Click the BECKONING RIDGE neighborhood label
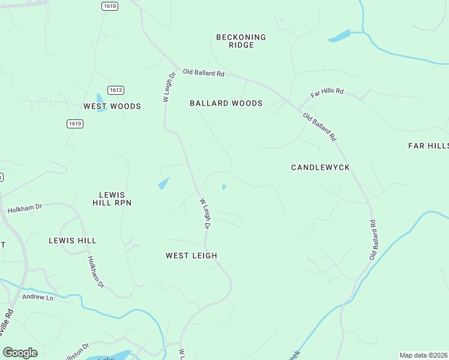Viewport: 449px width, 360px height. tap(241, 41)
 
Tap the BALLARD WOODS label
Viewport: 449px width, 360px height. tap(226, 103)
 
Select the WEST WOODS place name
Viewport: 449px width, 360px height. tap(112, 106)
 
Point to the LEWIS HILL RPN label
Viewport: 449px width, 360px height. tap(112, 199)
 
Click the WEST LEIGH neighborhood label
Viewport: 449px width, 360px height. tap(191, 256)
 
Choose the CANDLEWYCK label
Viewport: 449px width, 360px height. tap(321, 167)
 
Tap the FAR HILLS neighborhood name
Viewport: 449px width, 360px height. tap(428, 146)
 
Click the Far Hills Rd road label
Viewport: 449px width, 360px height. tap(327, 93)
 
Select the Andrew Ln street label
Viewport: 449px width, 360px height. tap(38, 297)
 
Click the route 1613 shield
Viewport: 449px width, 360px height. tap(116, 90)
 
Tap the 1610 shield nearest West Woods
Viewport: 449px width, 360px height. tap(74, 124)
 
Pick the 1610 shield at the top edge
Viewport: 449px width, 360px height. tap(109, 6)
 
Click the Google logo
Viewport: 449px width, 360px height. tap(20, 353)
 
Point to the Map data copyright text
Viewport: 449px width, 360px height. tap(423, 355)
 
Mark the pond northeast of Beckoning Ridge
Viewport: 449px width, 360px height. tap(340, 36)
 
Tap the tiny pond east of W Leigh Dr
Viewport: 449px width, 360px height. tap(224, 187)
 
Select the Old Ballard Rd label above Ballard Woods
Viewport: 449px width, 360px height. tap(203, 73)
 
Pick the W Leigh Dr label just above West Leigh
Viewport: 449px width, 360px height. tap(205, 214)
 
